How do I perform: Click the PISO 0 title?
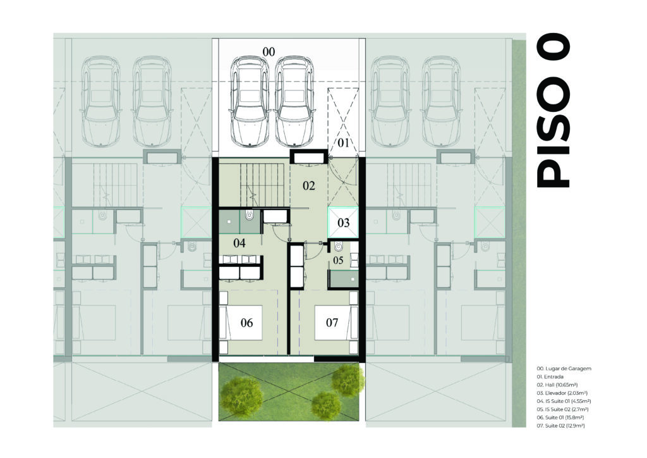point(553,110)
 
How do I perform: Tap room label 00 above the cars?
point(269,52)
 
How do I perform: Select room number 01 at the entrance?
point(343,143)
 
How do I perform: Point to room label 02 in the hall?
point(308,186)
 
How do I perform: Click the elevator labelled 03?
point(343,223)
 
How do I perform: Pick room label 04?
point(239,243)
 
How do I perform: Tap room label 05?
point(338,260)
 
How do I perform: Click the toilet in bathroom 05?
point(339,247)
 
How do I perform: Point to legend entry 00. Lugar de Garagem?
point(564,368)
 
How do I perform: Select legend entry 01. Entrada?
point(550,376)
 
